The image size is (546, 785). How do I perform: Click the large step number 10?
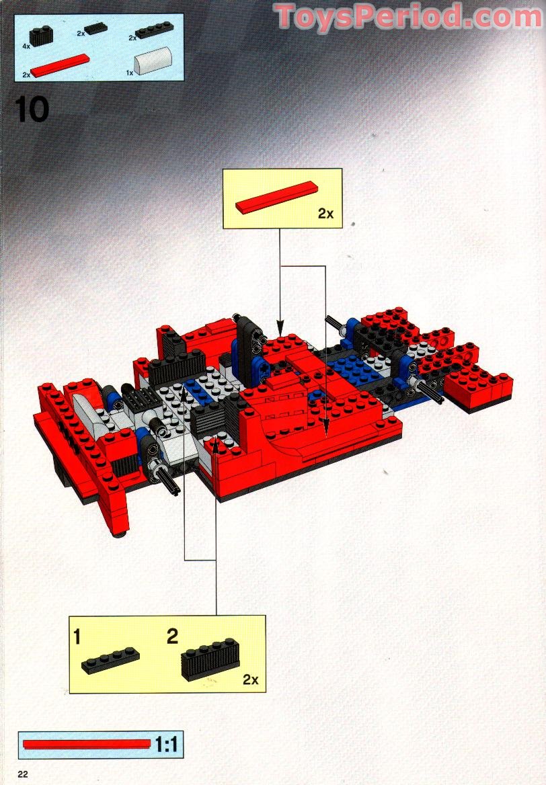tap(32, 109)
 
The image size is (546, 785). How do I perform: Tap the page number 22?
tap(23, 774)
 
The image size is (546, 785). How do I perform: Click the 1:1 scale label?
tap(166, 745)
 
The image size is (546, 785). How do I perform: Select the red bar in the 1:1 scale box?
tap(87, 744)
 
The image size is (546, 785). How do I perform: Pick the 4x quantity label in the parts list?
tap(26, 46)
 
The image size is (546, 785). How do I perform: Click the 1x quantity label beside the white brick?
tap(130, 73)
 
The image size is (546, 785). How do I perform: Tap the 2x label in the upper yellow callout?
tap(325, 214)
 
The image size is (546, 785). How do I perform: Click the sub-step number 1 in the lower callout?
tap(77, 637)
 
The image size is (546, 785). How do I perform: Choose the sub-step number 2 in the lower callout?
tap(172, 636)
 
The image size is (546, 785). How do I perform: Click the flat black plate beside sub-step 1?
tap(111, 660)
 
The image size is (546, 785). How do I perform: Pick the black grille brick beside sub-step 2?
tap(210, 659)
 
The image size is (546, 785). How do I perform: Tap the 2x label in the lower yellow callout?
tap(250, 679)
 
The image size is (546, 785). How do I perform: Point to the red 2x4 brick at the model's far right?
tap(478, 386)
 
